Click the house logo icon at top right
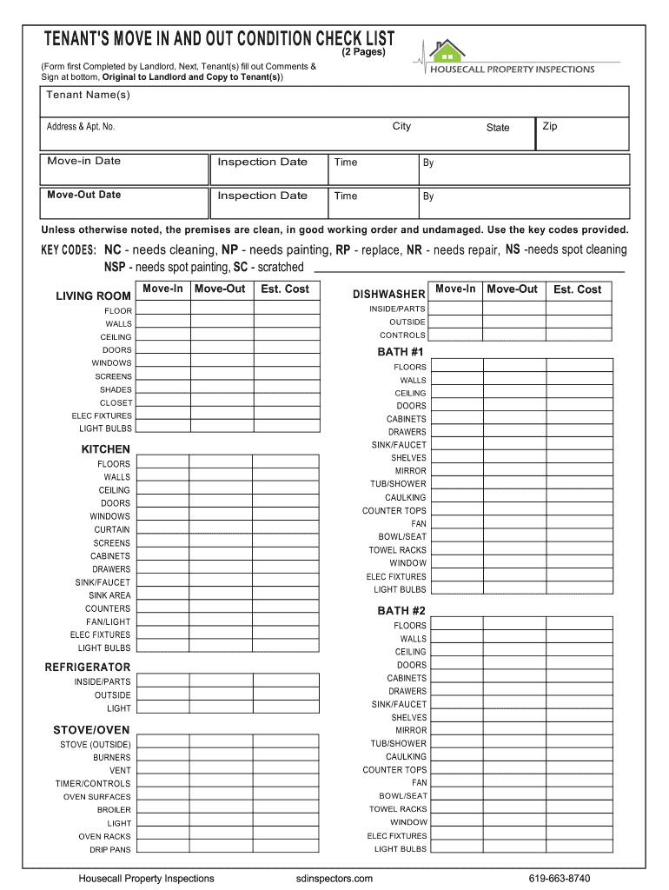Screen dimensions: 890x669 pos(447,51)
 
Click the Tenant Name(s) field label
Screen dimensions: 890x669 pos(89,95)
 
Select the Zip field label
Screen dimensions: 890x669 pos(550,126)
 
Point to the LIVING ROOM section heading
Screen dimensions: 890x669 pos(93,296)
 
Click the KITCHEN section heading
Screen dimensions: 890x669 pos(106,449)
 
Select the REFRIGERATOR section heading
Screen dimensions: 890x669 pos(88,667)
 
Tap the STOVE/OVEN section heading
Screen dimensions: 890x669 pos(91,730)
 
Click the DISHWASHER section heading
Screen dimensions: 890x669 pos(388,295)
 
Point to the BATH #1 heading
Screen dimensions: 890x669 pos(401,352)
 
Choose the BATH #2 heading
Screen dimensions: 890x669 pos(401,611)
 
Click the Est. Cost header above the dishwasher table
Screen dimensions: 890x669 pos(577,289)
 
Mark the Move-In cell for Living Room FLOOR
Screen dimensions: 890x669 pos(162,309)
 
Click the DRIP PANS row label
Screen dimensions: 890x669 pos(110,849)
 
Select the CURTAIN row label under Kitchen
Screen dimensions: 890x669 pos(112,529)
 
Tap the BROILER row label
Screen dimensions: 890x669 pos(114,809)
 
